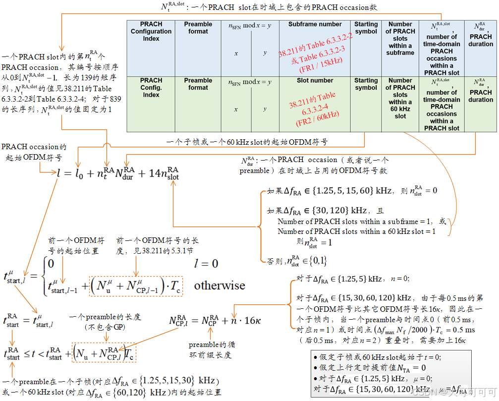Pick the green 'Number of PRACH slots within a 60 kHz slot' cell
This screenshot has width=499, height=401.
coord(400,98)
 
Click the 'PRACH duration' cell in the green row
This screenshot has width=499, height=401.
coord(480,90)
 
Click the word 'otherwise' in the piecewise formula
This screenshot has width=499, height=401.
coord(220,286)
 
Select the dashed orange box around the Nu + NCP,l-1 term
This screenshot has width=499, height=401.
coord(136,286)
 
